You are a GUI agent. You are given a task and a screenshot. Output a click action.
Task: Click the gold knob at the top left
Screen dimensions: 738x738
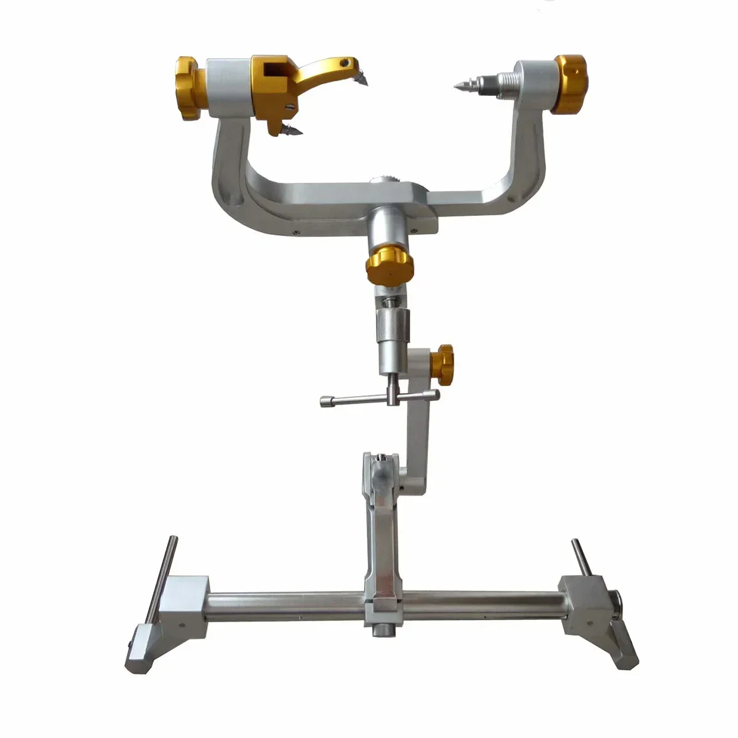coord(187,88)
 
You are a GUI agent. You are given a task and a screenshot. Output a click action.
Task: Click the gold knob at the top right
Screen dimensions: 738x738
coord(569,84)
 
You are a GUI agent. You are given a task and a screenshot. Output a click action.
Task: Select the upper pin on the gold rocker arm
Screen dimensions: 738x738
coord(361,78)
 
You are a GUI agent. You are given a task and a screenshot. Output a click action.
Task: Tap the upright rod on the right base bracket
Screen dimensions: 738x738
coord(579,557)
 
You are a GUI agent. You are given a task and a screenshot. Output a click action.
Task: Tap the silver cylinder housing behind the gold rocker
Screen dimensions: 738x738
coord(229,87)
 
